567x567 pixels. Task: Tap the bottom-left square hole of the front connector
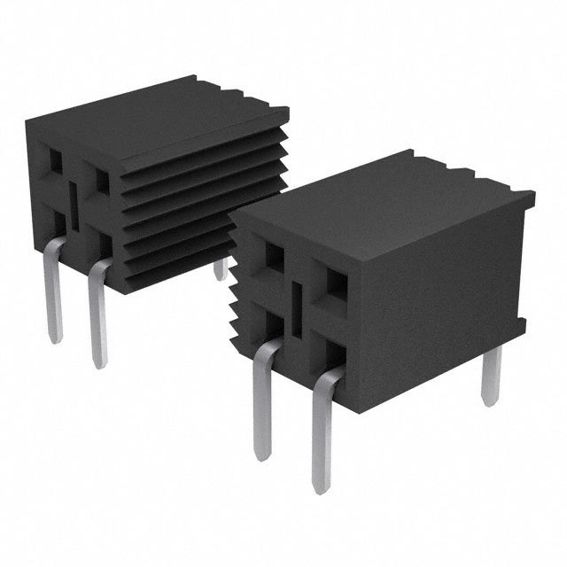tap(272, 322)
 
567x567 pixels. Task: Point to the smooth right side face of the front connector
tap(443, 283)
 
